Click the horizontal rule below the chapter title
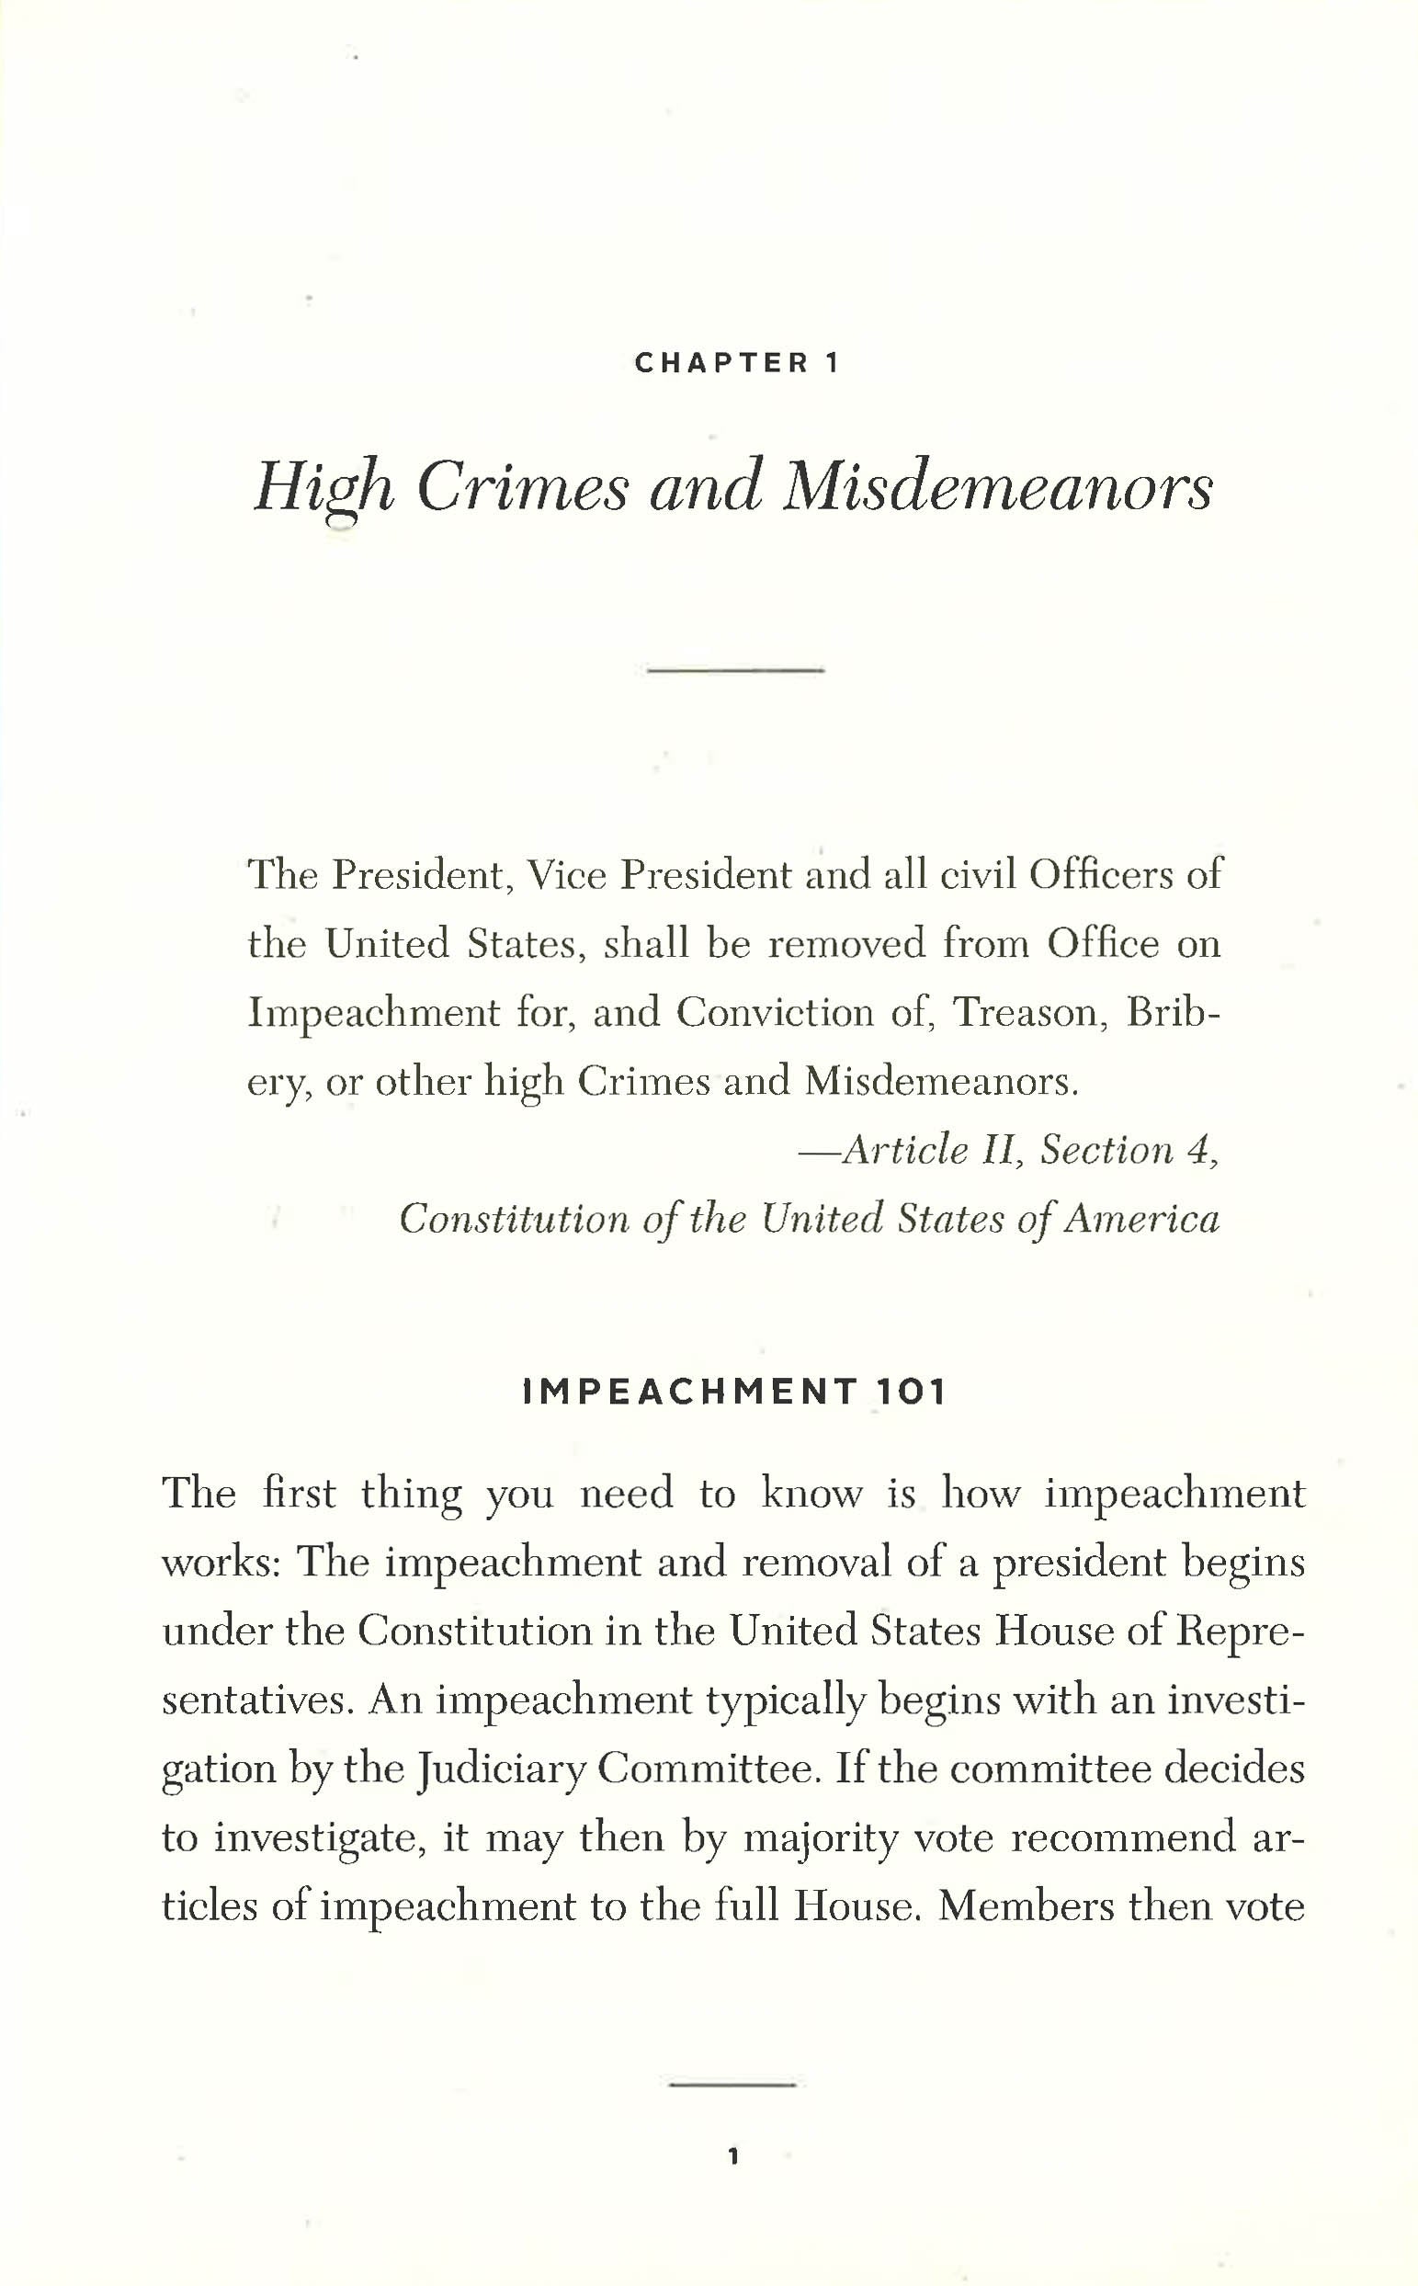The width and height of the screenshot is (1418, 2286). point(735,671)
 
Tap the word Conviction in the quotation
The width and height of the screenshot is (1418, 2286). point(775,1012)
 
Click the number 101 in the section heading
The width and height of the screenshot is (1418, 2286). point(913,1392)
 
